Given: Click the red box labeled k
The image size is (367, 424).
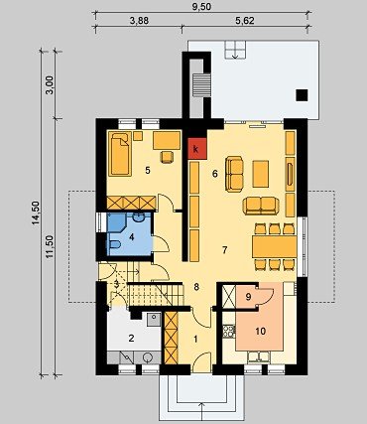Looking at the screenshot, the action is click(197, 149).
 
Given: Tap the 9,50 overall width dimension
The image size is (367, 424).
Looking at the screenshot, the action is click(202, 7).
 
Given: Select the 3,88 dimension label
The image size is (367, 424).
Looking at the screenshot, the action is click(139, 21).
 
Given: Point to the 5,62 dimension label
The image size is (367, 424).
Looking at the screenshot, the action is click(245, 21).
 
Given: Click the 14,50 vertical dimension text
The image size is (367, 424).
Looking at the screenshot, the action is click(36, 213).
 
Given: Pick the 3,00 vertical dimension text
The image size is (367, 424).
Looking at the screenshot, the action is click(50, 85).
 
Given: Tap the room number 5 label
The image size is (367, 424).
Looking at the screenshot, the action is click(148, 171).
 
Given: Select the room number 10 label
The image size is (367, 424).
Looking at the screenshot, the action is click(261, 331).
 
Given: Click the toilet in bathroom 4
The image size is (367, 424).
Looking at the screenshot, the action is click(114, 245).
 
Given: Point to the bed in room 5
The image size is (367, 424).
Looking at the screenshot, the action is click(120, 153).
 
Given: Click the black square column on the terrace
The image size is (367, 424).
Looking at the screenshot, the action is click(302, 95).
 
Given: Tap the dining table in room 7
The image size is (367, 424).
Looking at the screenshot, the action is click(274, 246).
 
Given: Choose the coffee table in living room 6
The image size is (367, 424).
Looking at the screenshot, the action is click(261, 174).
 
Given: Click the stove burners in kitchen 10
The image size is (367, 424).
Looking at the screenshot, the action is click(229, 332).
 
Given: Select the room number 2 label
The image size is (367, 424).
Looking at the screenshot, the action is click(131, 339).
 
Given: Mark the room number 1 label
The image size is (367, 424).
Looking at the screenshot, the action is click(195, 340).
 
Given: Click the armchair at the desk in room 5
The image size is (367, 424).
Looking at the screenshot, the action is click(168, 157).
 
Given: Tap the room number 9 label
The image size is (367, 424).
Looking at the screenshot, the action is click(249, 297).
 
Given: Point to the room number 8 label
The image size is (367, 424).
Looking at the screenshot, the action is click(196, 287).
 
